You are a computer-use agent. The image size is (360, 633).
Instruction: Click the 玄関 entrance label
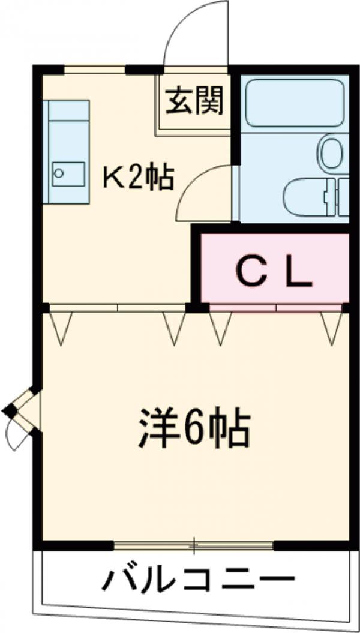tap(194, 100)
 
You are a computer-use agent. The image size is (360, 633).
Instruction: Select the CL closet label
tap(274, 274)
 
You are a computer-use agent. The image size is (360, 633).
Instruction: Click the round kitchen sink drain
tap(59, 173)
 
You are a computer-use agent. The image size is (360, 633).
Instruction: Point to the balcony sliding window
tap(193, 546)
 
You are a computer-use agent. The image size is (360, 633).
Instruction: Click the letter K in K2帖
tap(112, 178)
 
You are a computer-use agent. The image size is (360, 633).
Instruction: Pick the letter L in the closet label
tap(299, 274)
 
